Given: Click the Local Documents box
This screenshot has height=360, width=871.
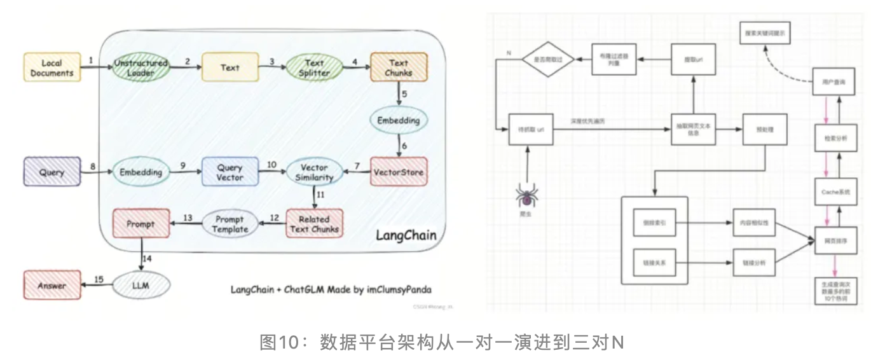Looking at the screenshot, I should tap(52, 67).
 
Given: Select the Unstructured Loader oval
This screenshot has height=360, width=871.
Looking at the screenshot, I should tap(141, 67).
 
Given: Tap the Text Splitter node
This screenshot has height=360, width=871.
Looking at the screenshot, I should tap(315, 67).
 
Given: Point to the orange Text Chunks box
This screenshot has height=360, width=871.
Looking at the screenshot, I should tap(399, 67).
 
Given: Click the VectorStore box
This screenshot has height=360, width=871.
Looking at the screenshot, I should tap(399, 172).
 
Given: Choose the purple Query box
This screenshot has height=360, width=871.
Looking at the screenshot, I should tap(52, 172).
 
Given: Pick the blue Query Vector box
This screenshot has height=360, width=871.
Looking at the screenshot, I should tap(230, 172).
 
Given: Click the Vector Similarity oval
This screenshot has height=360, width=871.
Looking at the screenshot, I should tap(314, 172).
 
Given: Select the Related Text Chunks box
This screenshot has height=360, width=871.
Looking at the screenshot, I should tap(314, 224).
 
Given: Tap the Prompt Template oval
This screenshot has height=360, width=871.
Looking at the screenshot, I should tap(230, 224).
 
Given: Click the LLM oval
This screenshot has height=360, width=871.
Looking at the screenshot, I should tap(141, 286).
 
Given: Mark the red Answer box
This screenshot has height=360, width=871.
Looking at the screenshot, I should tap(52, 286).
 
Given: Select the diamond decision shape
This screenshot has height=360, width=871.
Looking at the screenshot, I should tap(547, 60).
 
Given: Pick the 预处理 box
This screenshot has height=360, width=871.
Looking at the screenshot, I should tap(762, 130).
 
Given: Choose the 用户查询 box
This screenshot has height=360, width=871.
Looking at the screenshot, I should tap(832, 82).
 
